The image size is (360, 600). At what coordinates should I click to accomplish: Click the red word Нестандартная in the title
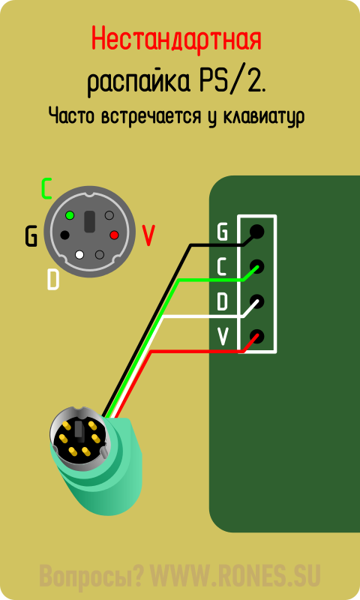(x=176, y=40)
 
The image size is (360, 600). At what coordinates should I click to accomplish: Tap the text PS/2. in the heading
(x=232, y=81)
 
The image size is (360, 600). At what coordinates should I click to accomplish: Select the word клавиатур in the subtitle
(x=263, y=116)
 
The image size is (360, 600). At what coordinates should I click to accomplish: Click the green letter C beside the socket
(x=46, y=189)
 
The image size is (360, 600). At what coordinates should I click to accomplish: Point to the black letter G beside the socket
(x=31, y=236)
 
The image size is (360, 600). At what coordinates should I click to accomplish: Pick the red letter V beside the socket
(x=148, y=235)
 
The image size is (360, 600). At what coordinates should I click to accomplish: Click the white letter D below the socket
(x=52, y=280)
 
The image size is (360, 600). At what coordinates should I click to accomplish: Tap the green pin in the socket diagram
(x=70, y=215)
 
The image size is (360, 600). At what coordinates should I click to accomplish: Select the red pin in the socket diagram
(x=114, y=235)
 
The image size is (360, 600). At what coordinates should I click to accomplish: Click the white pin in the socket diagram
(x=80, y=254)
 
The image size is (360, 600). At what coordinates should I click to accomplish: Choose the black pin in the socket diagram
(x=65, y=235)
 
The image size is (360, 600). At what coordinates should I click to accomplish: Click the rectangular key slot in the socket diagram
(x=89, y=221)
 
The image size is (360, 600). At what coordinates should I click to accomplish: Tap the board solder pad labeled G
(x=256, y=231)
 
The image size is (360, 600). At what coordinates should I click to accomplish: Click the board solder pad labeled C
(x=256, y=266)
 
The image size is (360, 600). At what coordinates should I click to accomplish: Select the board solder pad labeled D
(x=256, y=301)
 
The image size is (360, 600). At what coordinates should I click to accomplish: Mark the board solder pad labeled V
(x=256, y=337)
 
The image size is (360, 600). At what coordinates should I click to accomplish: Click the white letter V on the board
(x=223, y=336)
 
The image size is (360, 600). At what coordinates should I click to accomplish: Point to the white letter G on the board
(x=222, y=231)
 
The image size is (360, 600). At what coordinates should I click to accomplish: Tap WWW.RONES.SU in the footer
(x=235, y=575)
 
